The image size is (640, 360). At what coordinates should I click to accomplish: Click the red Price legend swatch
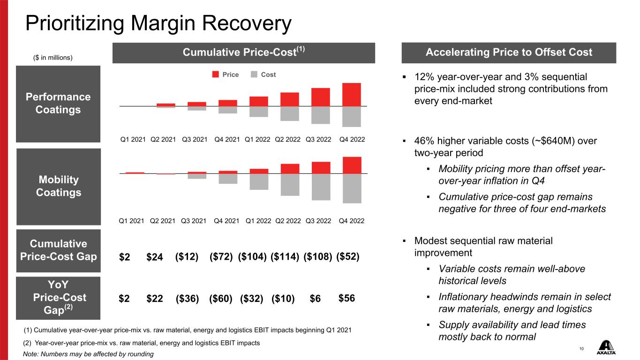215,74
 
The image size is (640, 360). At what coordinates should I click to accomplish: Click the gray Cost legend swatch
254,74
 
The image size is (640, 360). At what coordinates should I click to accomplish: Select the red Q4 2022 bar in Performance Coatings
352,95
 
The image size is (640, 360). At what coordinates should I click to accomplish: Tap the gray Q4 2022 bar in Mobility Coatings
352,188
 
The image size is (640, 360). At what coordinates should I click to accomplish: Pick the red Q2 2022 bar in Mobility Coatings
290,169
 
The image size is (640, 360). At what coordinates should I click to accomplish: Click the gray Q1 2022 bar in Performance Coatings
258,112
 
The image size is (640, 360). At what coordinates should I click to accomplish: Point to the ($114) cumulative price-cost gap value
285,256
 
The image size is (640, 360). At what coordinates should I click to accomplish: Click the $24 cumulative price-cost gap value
155,257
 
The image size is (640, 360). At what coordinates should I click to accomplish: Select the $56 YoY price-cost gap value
346,298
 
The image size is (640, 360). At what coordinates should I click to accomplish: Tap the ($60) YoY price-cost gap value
221,299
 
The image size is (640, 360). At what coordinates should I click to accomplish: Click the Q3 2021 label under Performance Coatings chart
195,139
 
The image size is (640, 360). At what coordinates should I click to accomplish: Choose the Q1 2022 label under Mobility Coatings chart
258,221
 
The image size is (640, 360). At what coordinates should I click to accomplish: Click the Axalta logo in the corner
606,347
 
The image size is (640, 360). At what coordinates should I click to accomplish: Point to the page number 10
581,349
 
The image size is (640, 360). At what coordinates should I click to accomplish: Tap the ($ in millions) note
53,58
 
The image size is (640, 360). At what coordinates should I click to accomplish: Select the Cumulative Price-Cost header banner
244,53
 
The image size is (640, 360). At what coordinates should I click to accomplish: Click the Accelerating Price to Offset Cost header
509,52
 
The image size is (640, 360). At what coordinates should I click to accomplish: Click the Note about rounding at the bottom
88,354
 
